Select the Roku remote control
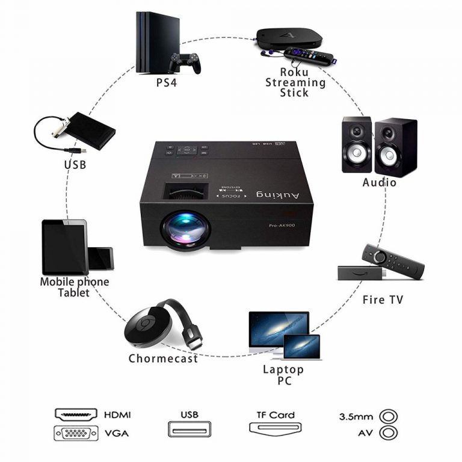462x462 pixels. pos(309,57)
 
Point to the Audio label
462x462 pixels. pos(379,182)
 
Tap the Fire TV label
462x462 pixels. pos(383,299)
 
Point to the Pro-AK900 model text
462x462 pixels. pos(285,226)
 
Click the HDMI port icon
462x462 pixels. pos(76,414)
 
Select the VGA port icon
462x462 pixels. pos(76,433)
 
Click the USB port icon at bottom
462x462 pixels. pos(189,428)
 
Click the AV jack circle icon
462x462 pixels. pos(389,433)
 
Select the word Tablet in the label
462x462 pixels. pos(74,293)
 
